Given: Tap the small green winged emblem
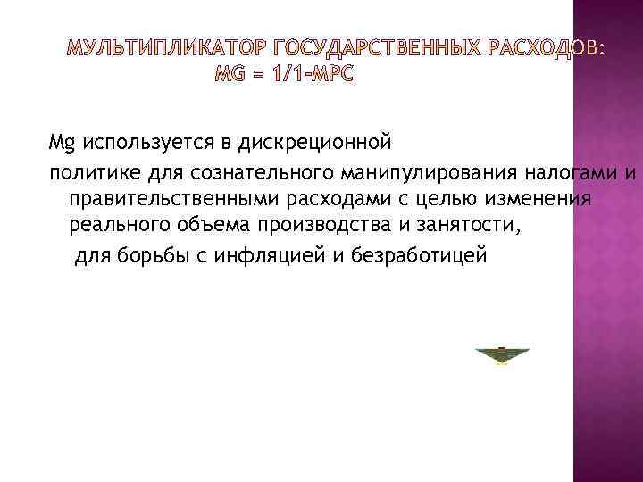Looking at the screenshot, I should coord(503,355).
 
